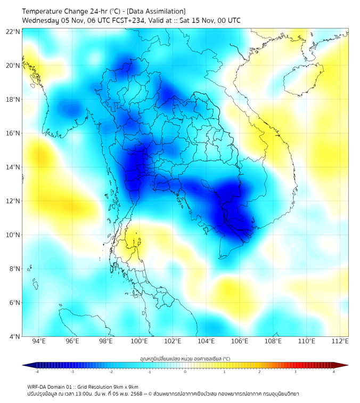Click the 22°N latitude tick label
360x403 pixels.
(13, 31)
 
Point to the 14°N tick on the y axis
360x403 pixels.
(13, 167)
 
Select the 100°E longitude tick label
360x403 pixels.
(140, 342)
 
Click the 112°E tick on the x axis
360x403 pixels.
(339, 342)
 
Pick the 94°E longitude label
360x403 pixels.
(39, 342)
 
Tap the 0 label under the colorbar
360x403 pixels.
(185, 372)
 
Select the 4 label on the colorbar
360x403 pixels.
(334, 372)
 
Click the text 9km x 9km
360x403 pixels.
(125, 387)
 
